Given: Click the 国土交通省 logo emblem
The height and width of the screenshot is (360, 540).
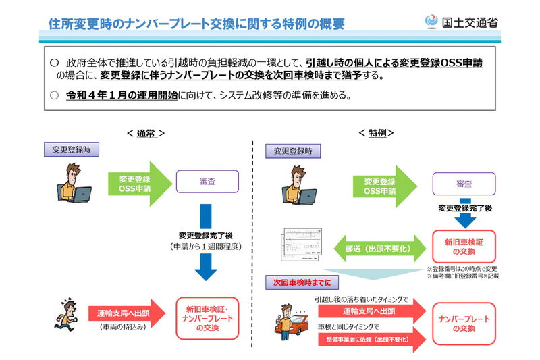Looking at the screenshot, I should tap(431, 22).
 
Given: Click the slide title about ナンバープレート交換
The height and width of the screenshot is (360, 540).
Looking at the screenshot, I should tap(196, 24).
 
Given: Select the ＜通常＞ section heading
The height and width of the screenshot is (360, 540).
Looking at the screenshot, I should tap(146, 134).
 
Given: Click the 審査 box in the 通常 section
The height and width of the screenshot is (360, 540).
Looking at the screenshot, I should tap(207, 182).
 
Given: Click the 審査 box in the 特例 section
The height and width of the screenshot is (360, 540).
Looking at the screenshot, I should tap(463, 184).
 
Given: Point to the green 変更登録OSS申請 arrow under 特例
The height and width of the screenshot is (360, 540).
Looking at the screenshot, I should tap(383, 186).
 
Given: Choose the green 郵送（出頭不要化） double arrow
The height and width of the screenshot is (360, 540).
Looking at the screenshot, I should tap(381, 248).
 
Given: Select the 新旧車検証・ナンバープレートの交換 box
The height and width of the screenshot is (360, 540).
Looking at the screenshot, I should tap(208, 318).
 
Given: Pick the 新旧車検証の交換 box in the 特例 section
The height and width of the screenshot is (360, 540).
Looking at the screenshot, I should tap(463, 247).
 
